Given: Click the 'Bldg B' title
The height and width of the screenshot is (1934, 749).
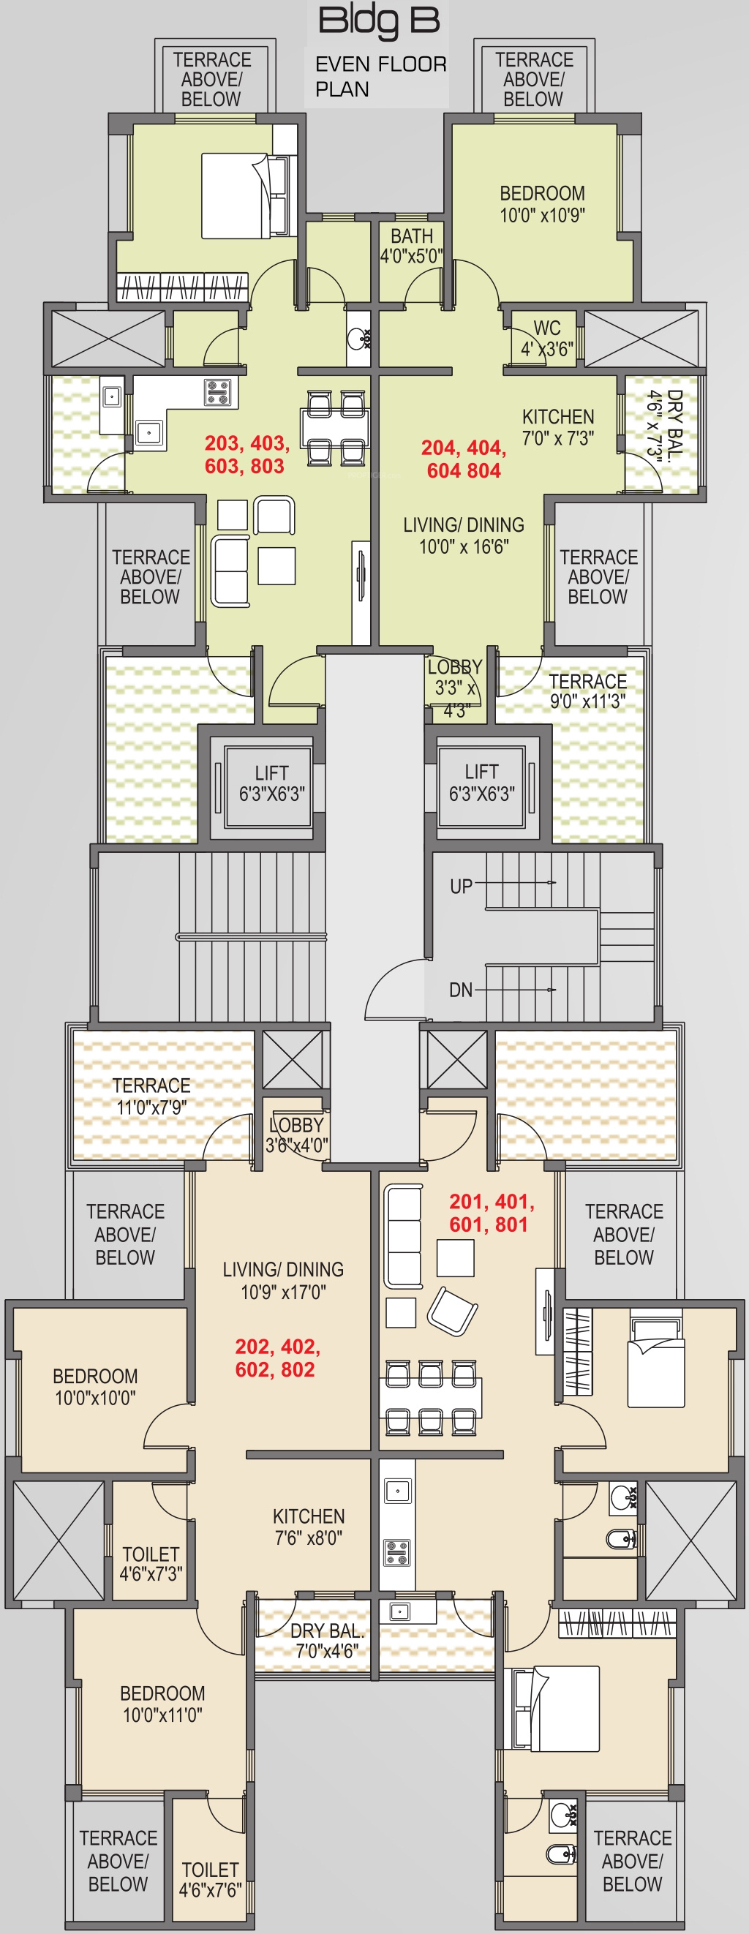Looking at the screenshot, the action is (x=379, y=20).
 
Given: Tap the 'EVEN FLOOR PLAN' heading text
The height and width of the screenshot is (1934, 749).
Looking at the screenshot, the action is (x=380, y=77).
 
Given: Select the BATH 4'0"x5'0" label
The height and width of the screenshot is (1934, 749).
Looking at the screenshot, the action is (x=411, y=246).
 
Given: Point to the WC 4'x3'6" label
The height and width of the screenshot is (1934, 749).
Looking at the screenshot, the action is (x=547, y=339).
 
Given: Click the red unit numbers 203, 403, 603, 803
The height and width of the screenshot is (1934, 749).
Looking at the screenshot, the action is (x=247, y=454).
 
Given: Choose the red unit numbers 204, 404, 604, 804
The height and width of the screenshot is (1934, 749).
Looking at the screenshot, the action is (x=464, y=459).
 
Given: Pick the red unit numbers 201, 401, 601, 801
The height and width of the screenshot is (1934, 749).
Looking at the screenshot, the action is (x=492, y=1214).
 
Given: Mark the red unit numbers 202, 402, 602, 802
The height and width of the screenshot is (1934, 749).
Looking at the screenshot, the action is (x=278, y=1358).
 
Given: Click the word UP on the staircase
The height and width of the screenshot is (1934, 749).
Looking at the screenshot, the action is (x=461, y=887).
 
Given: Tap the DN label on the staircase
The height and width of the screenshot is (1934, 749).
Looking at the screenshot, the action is (x=461, y=990).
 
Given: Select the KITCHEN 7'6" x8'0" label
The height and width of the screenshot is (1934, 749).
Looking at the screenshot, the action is (x=309, y=1527).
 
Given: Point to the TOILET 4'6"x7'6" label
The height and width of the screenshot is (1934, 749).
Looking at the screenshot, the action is (x=210, y=1880).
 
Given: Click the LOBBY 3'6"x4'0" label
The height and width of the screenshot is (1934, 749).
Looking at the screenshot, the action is (x=297, y=1135).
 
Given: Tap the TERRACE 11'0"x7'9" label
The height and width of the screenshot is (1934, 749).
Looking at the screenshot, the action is (x=151, y=1096).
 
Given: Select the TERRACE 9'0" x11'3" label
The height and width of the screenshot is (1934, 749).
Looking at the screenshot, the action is (x=587, y=691).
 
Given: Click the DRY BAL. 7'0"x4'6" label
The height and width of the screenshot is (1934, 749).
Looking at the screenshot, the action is (x=327, y=1641).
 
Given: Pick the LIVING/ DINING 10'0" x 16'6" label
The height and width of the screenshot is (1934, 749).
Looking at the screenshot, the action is (x=464, y=535).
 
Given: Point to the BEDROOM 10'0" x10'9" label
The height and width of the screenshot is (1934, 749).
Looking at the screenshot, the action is (x=543, y=204).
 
